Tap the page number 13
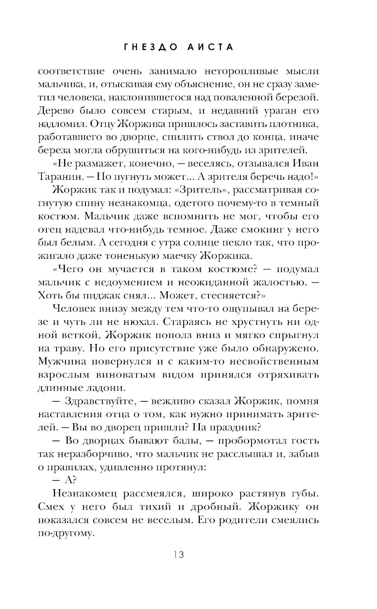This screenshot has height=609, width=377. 179,555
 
